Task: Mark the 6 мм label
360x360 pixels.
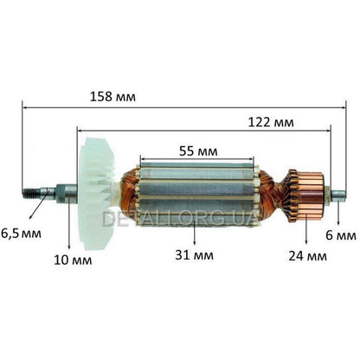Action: click(344, 235)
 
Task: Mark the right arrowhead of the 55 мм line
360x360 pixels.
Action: click(256, 161)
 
